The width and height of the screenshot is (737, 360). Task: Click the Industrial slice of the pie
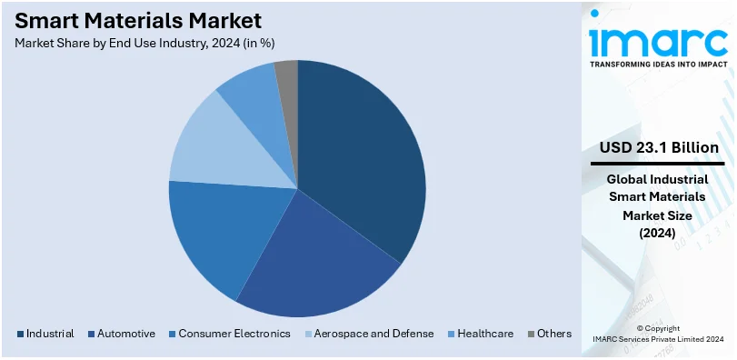[x=364, y=155]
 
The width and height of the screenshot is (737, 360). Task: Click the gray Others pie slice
[x=287, y=75]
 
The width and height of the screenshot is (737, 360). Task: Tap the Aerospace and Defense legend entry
[x=367, y=334]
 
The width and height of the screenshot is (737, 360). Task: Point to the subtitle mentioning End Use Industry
[x=145, y=43]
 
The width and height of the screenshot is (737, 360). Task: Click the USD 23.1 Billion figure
[x=659, y=147]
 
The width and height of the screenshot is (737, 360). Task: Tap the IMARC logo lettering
[x=659, y=40]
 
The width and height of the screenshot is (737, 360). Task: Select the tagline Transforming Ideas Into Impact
[x=659, y=65]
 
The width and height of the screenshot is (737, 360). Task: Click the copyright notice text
[x=658, y=334]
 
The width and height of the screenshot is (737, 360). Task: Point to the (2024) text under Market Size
[x=658, y=233]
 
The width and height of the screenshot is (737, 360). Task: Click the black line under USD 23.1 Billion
[x=658, y=164]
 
